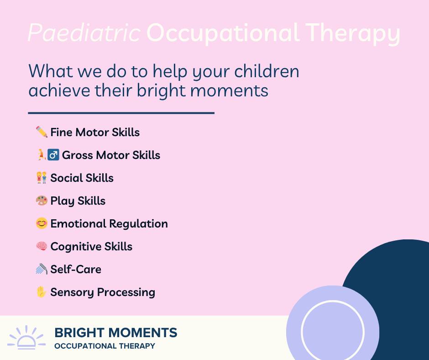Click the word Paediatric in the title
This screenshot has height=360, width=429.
point(84,33)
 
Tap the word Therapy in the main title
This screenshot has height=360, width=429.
point(353,33)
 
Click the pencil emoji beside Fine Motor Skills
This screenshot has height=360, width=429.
point(42,132)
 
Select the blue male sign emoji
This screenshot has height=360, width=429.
point(53,155)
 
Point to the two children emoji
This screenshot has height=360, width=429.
point(42,178)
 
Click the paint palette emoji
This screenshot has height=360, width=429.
point(42,201)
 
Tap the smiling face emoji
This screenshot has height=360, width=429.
point(42,223)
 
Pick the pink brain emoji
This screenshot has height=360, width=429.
point(42,246)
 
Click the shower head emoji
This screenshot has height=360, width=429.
point(42,269)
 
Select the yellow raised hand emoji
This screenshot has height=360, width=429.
point(41,292)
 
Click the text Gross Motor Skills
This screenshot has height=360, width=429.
point(111,155)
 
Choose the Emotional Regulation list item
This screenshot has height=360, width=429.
point(109,224)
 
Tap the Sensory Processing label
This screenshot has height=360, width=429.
point(103,292)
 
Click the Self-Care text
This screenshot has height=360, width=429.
point(76,270)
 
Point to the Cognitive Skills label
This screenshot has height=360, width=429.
point(91,247)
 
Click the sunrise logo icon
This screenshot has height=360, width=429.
point(26,337)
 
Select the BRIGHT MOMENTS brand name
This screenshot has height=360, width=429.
point(116,333)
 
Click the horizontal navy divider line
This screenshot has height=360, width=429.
point(121,112)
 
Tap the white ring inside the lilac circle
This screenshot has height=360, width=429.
point(333,301)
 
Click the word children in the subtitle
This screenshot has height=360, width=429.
point(267,71)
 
